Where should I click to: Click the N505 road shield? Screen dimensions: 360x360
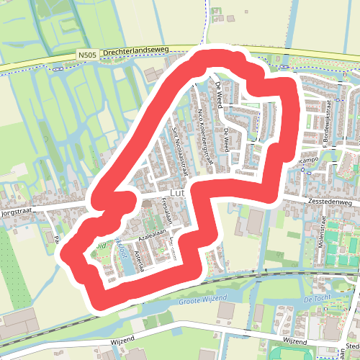click(87, 54)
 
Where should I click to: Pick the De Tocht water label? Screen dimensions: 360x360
click(317, 298)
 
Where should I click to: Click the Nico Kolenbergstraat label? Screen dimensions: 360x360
click(205, 135)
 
